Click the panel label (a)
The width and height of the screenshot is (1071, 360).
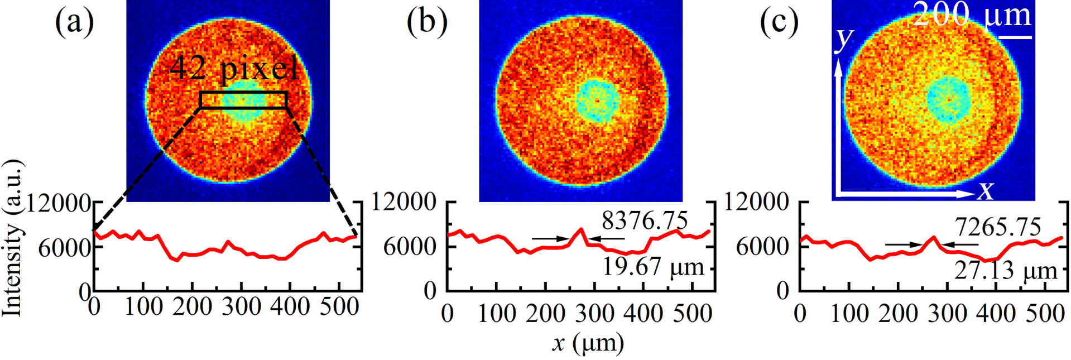pos(74,23)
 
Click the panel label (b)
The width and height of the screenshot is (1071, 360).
pos(427,23)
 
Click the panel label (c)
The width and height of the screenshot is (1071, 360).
pos(779,23)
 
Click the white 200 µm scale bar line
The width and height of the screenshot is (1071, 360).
pos(1015,37)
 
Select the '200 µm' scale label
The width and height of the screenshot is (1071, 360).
pos(972,15)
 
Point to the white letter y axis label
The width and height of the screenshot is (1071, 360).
pos(844,39)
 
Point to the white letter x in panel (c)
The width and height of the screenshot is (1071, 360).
pos(986,191)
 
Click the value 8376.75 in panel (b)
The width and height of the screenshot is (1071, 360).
pos(645,221)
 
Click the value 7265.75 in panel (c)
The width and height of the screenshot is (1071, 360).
pos(998,227)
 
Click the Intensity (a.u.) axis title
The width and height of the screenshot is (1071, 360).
pos(12,238)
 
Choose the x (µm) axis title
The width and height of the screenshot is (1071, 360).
pos(588,343)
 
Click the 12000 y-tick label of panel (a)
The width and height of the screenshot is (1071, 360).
pos(59,203)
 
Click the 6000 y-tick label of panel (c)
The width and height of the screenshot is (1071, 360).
pos(762,246)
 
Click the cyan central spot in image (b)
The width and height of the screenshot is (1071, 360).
pos(598,101)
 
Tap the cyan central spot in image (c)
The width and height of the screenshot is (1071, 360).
pos(949,99)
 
